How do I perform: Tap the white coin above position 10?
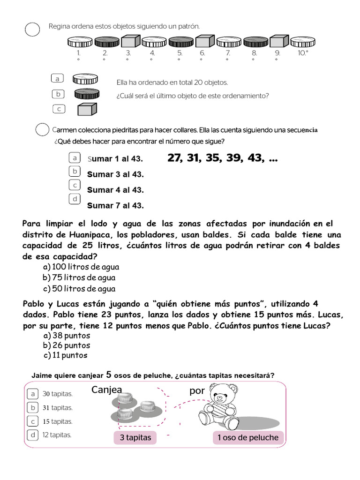tap(302, 42)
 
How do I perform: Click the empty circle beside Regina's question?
tap(32, 29)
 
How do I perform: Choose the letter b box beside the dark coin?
tap(57, 94)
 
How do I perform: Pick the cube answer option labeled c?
tap(87, 109)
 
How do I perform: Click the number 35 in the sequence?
tap(212, 158)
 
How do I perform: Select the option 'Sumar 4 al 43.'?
tap(115, 190)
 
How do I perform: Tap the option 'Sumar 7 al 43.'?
tap(115, 205)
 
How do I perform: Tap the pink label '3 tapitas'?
tap(135, 438)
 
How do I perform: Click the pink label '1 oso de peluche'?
tap(248, 438)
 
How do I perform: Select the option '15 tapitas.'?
tap(57, 421)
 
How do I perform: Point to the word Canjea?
tap(107, 390)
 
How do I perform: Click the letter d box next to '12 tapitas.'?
tap(33, 435)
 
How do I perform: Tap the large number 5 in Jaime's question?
tap(109, 374)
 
